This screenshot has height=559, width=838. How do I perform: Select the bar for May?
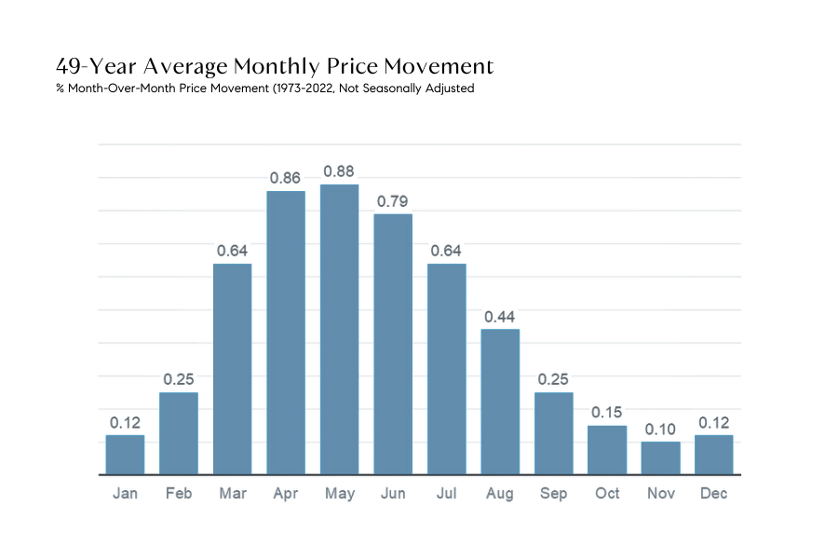click(x=339, y=329)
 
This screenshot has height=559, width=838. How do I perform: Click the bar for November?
click(x=660, y=457)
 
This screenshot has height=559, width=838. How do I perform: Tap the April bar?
click(x=286, y=333)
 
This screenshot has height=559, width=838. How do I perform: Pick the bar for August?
click(x=500, y=402)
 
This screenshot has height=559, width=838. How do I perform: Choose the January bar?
click(x=125, y=455)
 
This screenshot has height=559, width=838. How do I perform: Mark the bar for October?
click(x=607, y=450)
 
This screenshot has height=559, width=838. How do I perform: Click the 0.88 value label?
click(x=339, y=171)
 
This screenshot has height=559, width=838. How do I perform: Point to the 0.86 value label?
click(x=286, y=178)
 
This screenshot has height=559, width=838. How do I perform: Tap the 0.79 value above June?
click(x=392, y=201)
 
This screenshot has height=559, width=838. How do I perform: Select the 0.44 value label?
click(x=500, y=316)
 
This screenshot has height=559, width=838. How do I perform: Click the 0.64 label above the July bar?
click(x=446, y=251)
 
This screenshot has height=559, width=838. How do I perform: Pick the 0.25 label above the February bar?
click(x=179, y=379)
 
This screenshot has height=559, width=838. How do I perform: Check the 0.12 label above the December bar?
click(x=714, y=422)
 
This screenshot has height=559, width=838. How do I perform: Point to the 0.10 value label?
click(x=660, y=429)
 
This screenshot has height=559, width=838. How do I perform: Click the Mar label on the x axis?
click(x=232, y=493)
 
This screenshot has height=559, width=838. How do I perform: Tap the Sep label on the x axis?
click(x=553, y=493)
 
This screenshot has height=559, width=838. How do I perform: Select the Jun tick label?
click(x=392, y=493)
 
